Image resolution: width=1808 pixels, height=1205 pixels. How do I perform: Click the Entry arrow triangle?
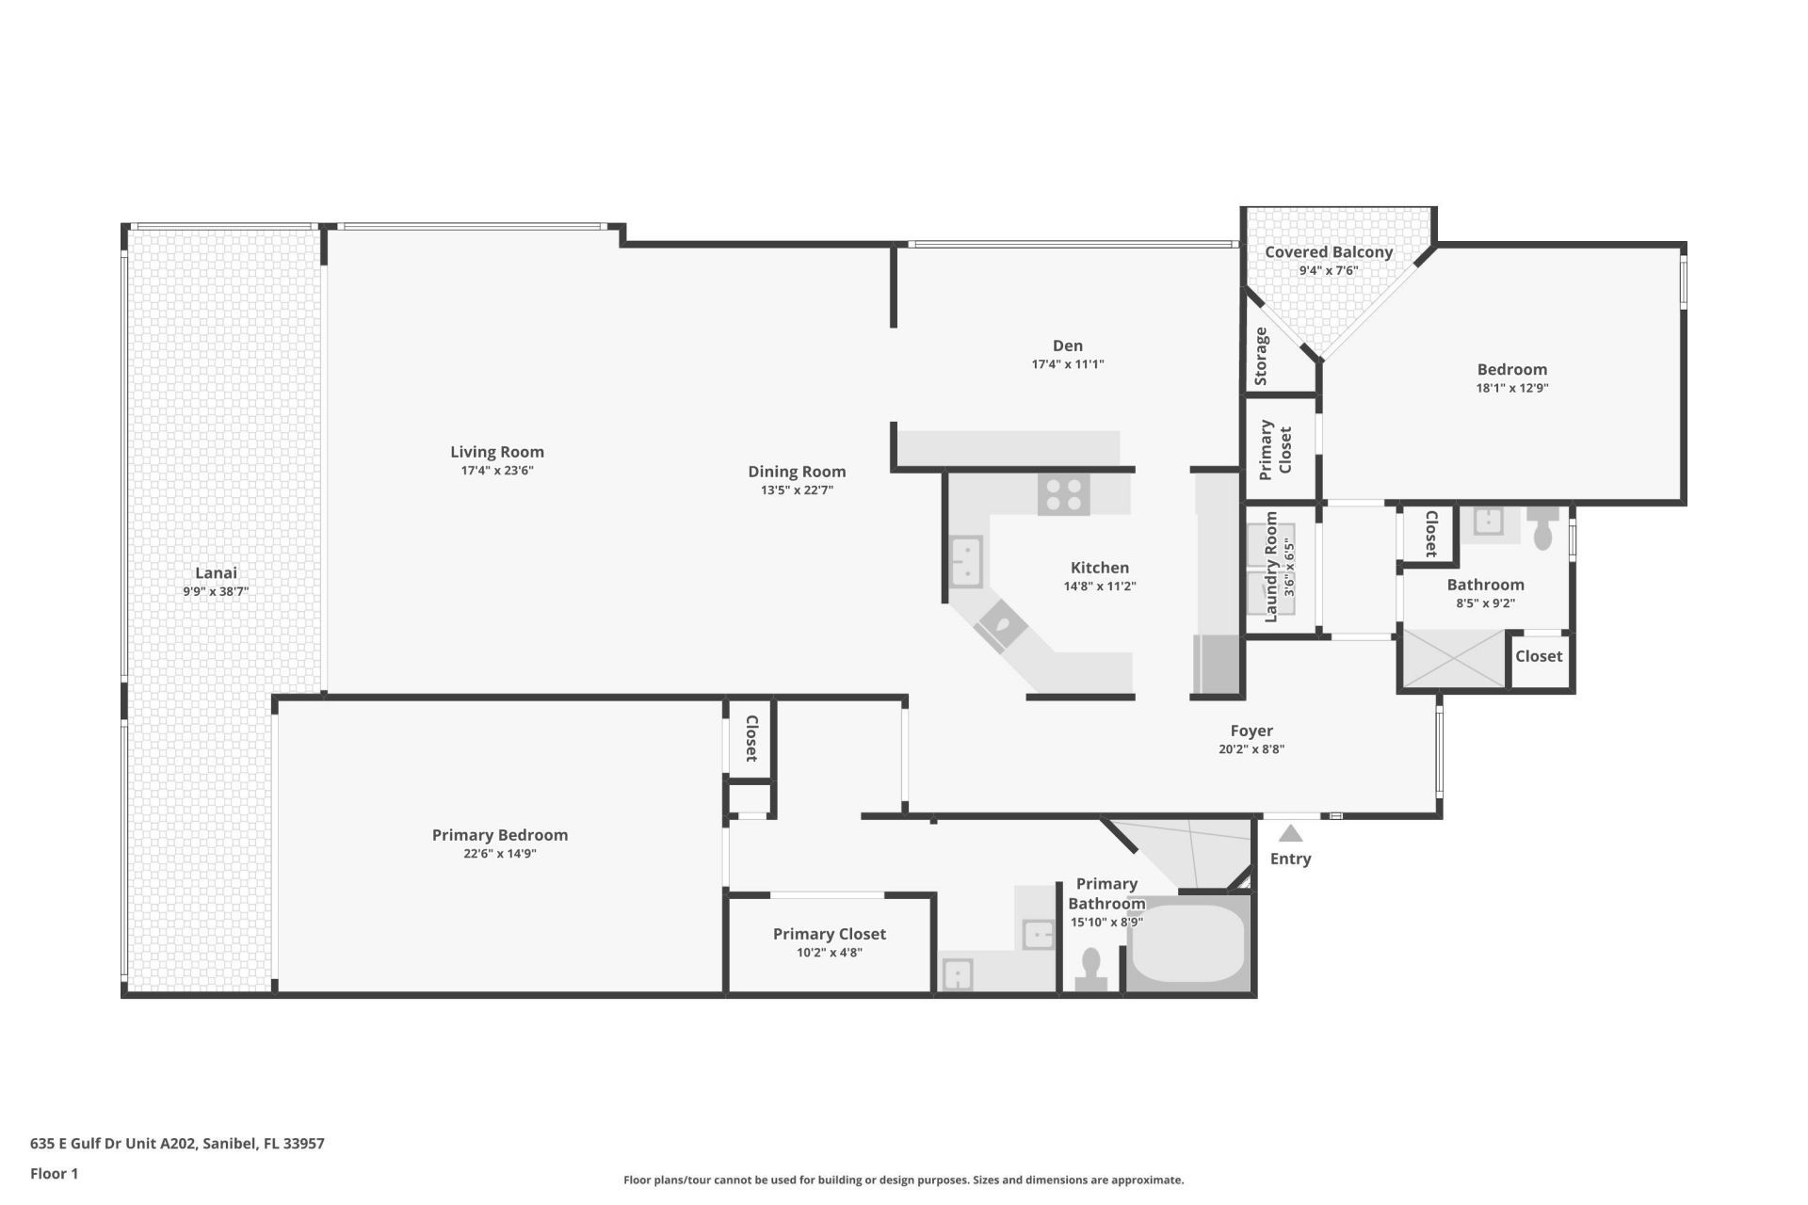click(1290, 834)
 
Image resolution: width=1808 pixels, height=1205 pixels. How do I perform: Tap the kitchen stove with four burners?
click(1064, 494)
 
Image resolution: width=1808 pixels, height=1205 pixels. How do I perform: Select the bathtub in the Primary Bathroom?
click(1187, 943)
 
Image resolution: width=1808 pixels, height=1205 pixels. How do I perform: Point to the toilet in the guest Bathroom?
click(1542, 530)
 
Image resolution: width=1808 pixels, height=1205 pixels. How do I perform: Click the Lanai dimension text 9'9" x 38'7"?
click(216, 592)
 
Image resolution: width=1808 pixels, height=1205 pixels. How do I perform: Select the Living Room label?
click(496, 452)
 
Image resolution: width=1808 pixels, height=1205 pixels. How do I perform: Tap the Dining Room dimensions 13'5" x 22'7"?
click(797, 490)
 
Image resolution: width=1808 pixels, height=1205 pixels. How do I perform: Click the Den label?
click(1067, 345)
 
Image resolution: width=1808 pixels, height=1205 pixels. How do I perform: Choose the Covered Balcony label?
click(1328, 252)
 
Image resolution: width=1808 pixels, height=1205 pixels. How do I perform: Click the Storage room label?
click(1261, 356)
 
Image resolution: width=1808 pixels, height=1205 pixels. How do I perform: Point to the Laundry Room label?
click(1271, 567)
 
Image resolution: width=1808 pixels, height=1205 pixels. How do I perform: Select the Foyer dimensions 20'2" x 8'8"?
click(1251, 749)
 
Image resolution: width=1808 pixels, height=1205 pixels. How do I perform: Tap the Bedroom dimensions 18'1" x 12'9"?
click(1511, 388)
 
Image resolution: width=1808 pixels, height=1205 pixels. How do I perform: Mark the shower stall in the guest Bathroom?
click(1454, 658)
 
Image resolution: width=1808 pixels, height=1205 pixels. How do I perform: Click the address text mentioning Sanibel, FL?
click(177, 1144)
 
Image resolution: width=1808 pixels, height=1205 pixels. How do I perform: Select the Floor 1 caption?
click(54, 1173)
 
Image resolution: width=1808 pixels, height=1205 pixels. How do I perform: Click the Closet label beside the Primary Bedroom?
click(751, 738)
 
